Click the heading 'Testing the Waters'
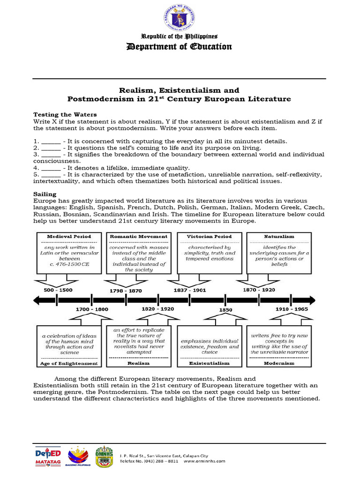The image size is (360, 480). (x=65, y=114)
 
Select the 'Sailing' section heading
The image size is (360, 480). (x=45, y=194)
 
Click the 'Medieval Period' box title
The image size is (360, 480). (x=69, y=237)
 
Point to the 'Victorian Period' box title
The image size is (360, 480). (x=209, y=237)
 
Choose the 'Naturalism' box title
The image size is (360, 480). (x=279, y=237)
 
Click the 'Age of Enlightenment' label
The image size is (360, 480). (x=69, y=363)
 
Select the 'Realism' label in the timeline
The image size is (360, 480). (x=138, y=363)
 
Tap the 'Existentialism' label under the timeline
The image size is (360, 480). (x=209, y=363)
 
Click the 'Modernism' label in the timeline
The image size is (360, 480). (x=279, y=363)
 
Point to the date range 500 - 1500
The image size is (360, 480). (x=58, y=290)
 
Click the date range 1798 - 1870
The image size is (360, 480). (x=125, y=290)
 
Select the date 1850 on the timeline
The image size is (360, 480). (x=226, y=310)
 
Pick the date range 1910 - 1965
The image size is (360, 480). (x=292, y=309)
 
